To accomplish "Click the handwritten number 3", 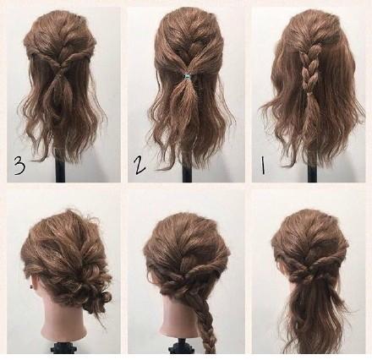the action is [19, 166].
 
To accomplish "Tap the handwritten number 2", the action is [139, 165].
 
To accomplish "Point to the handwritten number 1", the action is [263, 166].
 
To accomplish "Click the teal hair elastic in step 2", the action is [186, 76].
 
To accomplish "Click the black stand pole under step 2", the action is [187, 171].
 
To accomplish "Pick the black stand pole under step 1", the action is [312, 171].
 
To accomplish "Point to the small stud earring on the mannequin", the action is [30, 287].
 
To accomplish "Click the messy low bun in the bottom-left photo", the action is [93, 293].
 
